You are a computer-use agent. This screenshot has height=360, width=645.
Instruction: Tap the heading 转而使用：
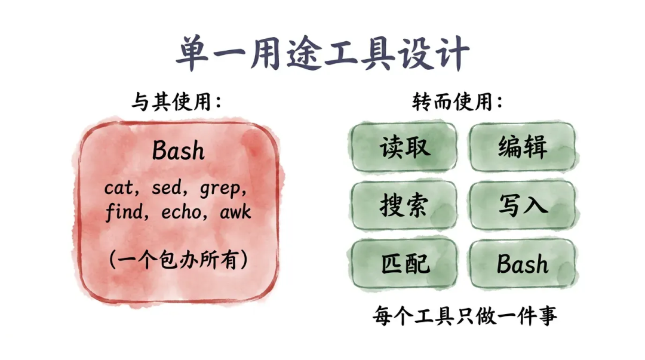pos(457,103)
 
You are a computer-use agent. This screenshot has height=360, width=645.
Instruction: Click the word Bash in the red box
pos(178,150)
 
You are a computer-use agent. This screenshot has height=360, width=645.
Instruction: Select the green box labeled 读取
pos(404,147)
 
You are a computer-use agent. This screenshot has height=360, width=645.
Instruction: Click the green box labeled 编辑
pos(522,147)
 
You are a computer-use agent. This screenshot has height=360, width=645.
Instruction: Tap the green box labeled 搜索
pos(404,205)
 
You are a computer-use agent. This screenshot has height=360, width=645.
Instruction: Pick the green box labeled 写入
pos(522,205)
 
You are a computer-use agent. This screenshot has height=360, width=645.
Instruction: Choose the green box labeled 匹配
pos(404,263)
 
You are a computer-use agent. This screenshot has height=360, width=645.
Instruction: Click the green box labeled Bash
pos(522,263)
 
